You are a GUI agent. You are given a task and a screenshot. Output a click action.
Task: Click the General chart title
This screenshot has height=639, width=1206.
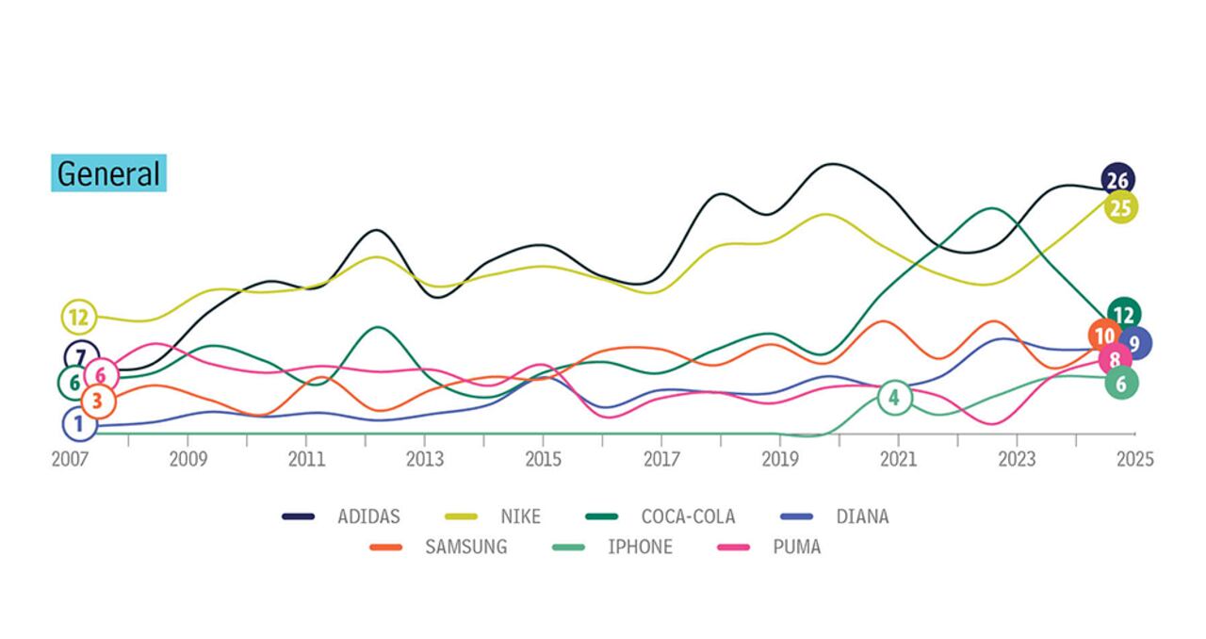pyautogui.click(x=108, y=173)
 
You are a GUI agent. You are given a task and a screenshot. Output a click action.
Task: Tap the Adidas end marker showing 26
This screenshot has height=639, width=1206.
pyautogui.click(x=1117, y=179)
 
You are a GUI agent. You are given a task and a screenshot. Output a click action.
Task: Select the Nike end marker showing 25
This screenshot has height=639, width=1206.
pyautogui.click(x=1120, y=207)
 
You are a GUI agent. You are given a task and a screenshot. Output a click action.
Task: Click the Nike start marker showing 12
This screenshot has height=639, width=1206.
pyautogui.click(x=78, y=317)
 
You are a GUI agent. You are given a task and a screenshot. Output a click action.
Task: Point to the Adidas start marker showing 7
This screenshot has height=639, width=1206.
pyautogui.click(x=81, y=357)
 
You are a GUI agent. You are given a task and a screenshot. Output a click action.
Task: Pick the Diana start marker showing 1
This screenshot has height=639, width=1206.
pyautogui.click(x=79, y=424)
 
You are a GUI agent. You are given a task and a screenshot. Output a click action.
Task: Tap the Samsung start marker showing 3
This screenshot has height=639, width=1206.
pyautogui.click(x=97, y=401)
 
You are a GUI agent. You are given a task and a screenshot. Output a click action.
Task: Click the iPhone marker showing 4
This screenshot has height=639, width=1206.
pyautogui.click(x=894, y=398)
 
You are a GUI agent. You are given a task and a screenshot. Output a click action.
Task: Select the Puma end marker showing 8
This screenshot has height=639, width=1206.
pyautogui.click(x=1115, y=359)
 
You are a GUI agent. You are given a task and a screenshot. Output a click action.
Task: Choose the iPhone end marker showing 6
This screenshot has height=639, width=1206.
pyautogui.click(x=1121, y=383)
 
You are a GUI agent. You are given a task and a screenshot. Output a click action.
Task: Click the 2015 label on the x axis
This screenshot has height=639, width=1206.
pyautogui.click(x=543, y=459)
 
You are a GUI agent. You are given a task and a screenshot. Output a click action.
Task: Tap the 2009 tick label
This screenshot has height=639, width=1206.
pyautogui.click(x=187, y=459)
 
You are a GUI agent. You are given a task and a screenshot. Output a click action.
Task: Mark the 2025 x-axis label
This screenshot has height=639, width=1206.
pyautogui.click(x=1134, y=459)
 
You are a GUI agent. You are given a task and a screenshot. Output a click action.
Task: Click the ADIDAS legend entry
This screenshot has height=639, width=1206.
pyautogui.click(x=368, y=516)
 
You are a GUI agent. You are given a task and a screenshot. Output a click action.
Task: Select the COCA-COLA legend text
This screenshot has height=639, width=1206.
pyautogui.click(x=688, y=516)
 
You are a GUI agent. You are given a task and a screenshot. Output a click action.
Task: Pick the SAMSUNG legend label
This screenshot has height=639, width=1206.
pyautogui.click(x=465, y=547)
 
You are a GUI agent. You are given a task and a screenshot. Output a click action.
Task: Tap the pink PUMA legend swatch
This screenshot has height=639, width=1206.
pyautogui.click(x=733, y=547)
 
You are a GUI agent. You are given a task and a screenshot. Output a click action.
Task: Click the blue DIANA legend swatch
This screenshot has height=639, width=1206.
pyautogui.click(x=798, y=516)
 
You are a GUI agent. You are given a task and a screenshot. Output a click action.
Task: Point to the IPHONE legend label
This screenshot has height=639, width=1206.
pyautogui.click(x=640, y=547)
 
